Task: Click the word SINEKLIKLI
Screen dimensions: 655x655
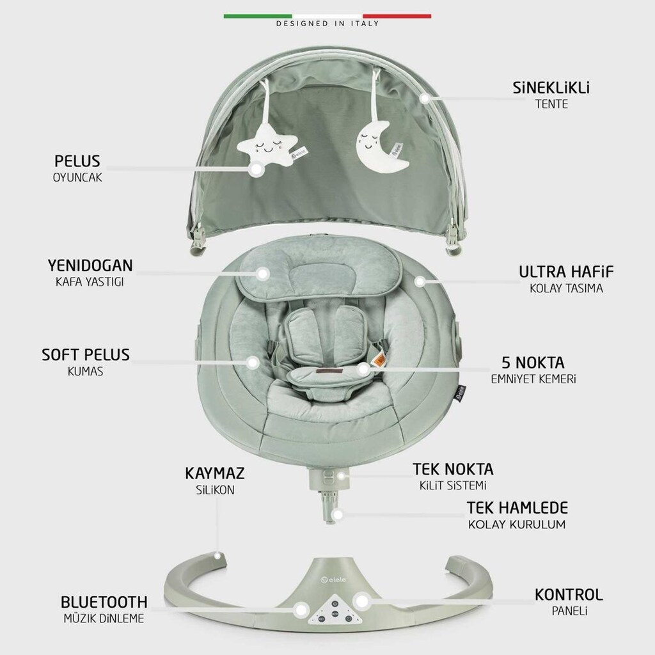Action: coord(551,88)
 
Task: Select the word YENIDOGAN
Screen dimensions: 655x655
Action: coord(90,265)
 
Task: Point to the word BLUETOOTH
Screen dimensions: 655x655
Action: coord(104,602)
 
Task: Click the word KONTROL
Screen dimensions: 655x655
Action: coord(569,594)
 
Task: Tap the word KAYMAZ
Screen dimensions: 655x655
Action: coord(215,473)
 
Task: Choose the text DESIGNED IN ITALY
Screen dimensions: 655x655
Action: coord(327,24)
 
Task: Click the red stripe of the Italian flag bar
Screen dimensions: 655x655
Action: coord(397,16)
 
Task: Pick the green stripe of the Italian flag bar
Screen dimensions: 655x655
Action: coord(258,16)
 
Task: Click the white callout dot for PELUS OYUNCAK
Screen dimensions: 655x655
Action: coord(256,169)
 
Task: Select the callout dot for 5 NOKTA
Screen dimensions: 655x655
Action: coord(364,369)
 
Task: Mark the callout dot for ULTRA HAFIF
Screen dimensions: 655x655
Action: coord(420,281)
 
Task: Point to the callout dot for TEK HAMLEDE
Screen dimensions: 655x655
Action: coord(338,515)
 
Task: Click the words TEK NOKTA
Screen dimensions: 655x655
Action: coord(454,469)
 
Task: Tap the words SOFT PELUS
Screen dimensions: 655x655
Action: coord(86,355)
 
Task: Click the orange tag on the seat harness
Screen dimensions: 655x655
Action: coord(379,359)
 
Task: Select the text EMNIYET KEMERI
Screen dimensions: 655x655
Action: coord(533,379)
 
